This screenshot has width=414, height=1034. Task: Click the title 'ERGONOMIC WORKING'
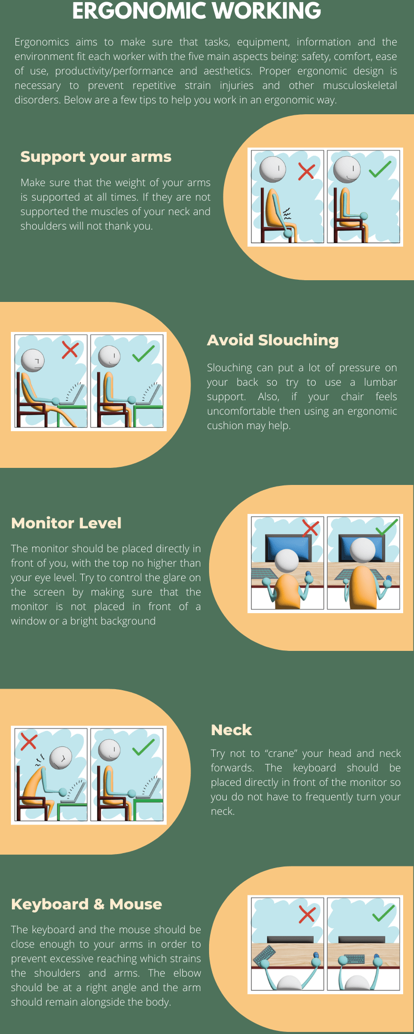point(197,11)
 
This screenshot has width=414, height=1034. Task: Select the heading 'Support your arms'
point(96,157)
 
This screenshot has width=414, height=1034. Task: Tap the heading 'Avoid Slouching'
point(273,340)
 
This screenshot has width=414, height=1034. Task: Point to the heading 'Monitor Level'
point(66,523)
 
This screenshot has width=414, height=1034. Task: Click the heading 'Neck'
point(231,730)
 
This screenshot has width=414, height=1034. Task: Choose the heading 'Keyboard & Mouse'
point(86,904)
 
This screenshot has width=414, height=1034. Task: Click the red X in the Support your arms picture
point(306,171)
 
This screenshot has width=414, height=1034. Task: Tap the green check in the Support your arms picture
point(380,169)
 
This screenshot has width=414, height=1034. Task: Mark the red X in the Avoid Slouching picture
point(70,350)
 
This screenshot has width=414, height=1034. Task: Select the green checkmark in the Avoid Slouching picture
point(143,353)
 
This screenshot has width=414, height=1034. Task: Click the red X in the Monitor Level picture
point(310,528)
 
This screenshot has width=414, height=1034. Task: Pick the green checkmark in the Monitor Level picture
point(386,527)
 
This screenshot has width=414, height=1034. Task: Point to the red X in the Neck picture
point(29,741)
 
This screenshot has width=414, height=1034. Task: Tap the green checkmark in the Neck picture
point(143,747)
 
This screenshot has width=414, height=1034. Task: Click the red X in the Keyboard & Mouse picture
point(307,914)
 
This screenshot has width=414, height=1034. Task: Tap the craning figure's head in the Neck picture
point(61,758)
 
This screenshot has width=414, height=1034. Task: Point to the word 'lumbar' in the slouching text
point(380,383)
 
